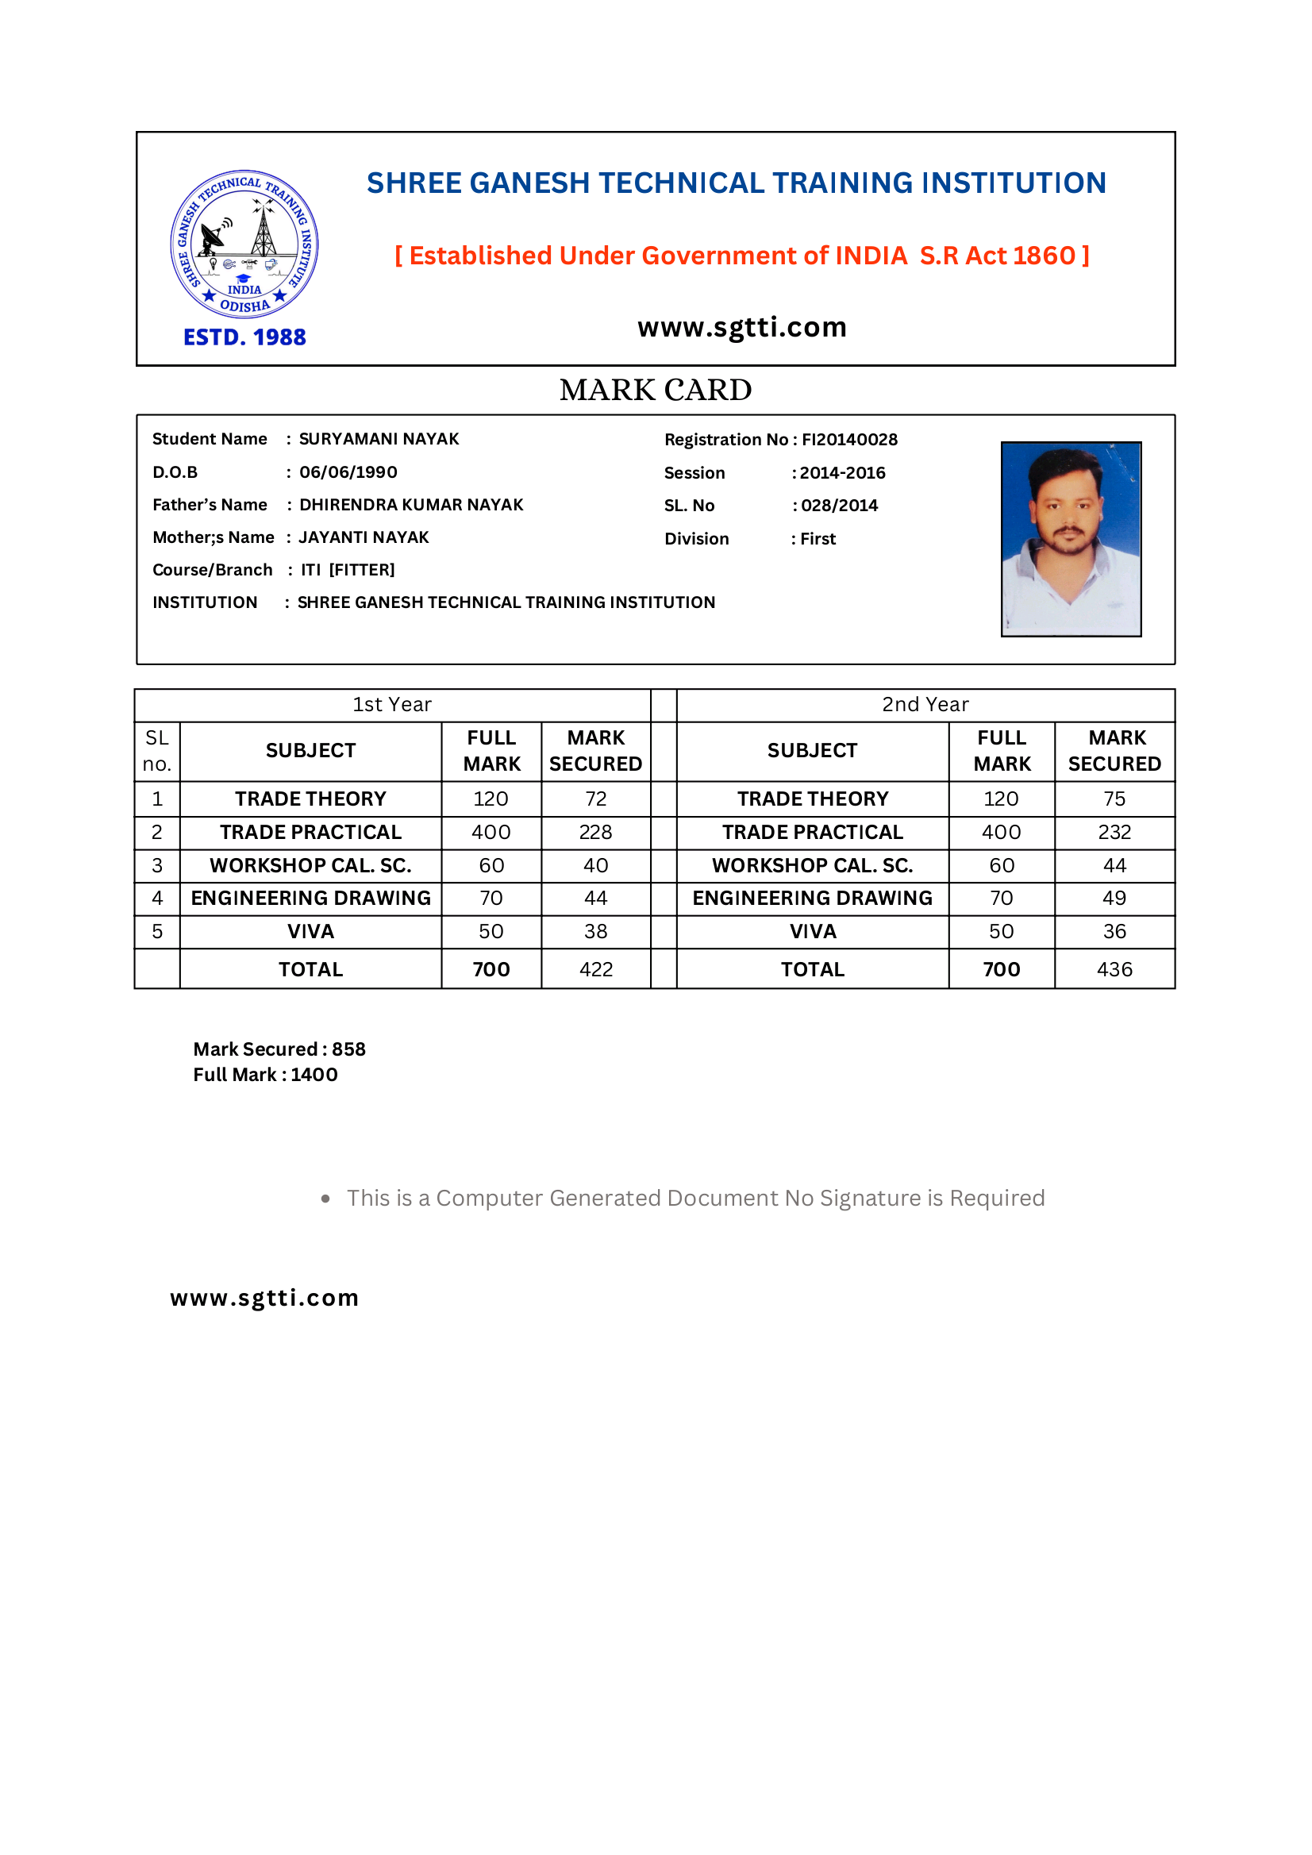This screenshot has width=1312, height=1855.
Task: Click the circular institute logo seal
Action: point(244,244)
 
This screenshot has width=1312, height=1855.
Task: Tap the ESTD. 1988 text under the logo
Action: point(244,337)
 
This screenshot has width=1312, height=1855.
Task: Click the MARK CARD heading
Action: point(655,391)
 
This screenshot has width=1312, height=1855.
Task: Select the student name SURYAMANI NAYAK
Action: point(378,439)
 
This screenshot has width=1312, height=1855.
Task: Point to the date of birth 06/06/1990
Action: point(348,471)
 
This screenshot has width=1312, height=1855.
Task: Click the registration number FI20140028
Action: point(849,440)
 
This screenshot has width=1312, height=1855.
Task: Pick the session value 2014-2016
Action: point(843,472)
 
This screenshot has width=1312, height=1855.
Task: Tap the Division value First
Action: point(818,539)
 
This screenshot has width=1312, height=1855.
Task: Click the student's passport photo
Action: point(1071,539)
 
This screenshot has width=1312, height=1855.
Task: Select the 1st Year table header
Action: point(392,705)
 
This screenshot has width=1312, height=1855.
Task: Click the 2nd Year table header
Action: point(925,705)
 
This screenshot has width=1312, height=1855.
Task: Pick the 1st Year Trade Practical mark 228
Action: point(595,832)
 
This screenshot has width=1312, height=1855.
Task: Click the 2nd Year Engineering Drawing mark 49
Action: point(1114,898)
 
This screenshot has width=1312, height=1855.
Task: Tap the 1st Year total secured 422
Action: point(595,968)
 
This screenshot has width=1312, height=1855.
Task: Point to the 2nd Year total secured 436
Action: point(1114,968)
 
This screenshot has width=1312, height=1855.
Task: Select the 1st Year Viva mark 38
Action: point(595,932)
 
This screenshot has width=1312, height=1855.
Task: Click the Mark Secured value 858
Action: point(348,1049)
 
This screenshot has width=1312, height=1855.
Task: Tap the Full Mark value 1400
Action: point(314,1075)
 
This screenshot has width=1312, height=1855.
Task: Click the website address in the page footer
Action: point(264,1298)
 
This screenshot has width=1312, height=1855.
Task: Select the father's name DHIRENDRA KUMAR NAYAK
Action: point(411,505)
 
